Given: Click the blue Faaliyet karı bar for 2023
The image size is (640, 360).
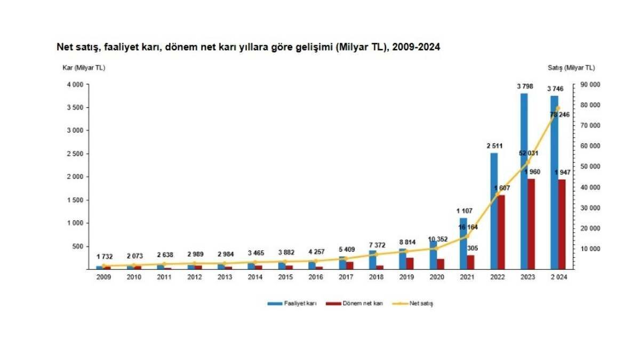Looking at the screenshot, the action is (524, 181).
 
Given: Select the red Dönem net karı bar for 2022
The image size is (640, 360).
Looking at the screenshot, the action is (501, 232).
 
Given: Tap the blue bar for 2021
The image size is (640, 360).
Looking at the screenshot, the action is (463, 243).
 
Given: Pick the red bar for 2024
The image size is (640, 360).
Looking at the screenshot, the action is (562, 225).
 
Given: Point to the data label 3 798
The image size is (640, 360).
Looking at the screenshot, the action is (525, 86).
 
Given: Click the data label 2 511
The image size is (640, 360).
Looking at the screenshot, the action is (494, 146).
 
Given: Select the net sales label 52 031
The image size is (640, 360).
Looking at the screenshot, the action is (529, 154).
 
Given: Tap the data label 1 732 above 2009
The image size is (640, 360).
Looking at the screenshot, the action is (105, 257).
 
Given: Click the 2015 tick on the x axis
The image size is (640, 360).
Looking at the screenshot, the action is (285, 277).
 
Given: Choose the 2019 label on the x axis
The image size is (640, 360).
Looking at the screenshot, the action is (406, 277).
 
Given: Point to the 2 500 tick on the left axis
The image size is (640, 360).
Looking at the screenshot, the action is (75, 154).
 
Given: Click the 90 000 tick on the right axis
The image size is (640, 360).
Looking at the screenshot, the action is (590, 85).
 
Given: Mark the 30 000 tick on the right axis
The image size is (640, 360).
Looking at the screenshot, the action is (590, 208).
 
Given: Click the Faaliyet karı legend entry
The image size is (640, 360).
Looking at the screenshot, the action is (292, 303).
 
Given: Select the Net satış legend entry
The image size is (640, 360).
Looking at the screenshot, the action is (413, 303).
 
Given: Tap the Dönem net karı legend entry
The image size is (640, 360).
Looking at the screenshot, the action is (354, 303).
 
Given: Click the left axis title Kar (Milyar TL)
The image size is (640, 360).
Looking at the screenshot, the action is (84, 68).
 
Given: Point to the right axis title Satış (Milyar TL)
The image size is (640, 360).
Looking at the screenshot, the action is (571, 68).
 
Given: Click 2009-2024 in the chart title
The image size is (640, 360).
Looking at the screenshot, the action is (416, 47).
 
